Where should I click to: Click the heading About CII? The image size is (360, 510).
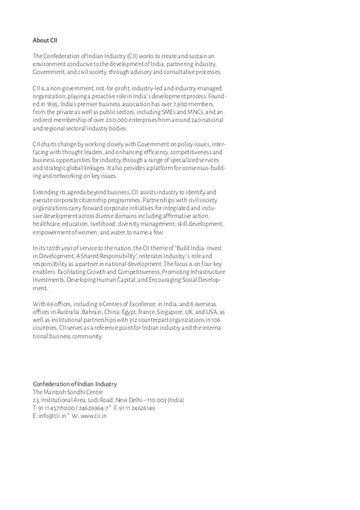pos(46,41)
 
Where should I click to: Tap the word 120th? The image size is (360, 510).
pos(50,248)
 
